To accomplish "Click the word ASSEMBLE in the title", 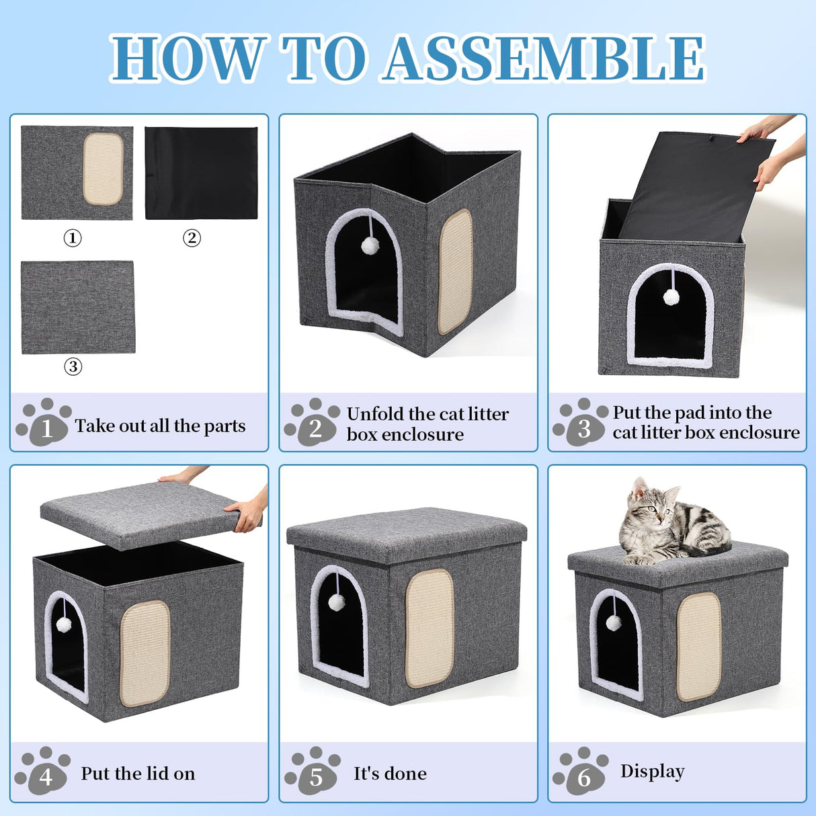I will [x=544, y=59].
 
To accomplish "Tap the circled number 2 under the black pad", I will [x=192, y=238].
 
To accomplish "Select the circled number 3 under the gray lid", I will [x=73, y=366].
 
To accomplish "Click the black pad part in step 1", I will [x=201, y=173].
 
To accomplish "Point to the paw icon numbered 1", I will [x=44, y=423].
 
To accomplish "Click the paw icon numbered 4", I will [x=43, y=771].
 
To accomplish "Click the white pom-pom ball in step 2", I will [x=370, y=245].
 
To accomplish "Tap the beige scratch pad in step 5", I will [x=429, y=628].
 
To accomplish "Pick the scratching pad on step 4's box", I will [x=145, y=653].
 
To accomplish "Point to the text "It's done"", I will [x=390, y=774].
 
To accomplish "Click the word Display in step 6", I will [x=652, y=772].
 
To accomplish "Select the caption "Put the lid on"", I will [x=138, y=774].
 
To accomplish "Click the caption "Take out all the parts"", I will [x=160, y=426].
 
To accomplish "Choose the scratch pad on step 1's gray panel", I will [x=104, y=168].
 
